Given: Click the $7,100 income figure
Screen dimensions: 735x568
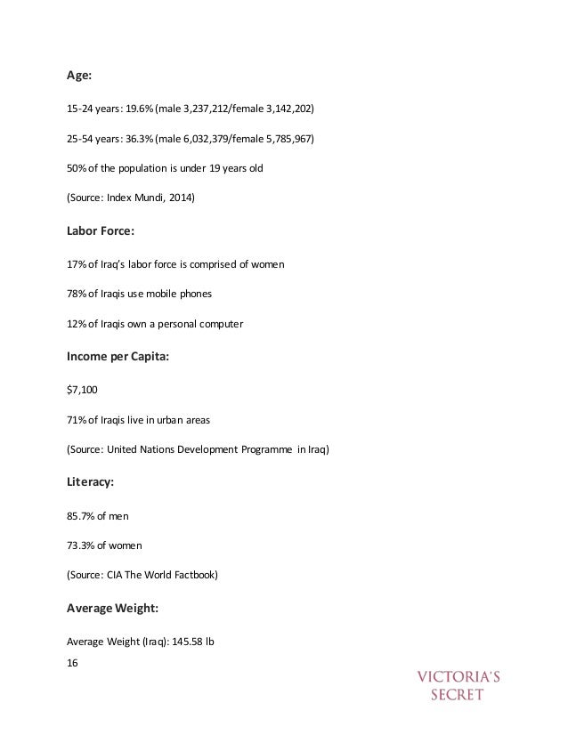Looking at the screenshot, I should point(83,389).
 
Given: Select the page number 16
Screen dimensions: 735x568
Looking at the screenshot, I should point(73,661).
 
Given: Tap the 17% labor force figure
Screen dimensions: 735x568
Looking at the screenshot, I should point(76,264).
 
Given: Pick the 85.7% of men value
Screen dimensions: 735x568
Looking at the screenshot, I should point(81,516).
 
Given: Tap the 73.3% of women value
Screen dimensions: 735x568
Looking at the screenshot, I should point(81,545).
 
